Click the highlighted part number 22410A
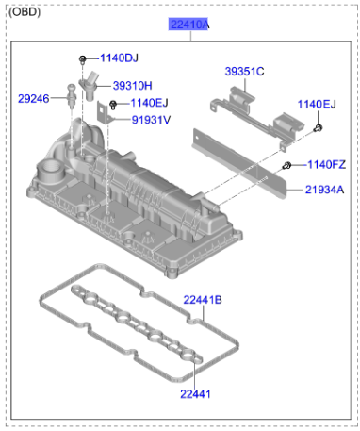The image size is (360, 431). coord(188,25)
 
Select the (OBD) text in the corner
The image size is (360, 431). coord(25,12)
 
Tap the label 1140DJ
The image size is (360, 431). coord(119,58)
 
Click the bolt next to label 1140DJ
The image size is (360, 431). coord(82,58)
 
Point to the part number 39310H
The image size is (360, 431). coord(133,86)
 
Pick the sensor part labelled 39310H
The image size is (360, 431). coord(89,86)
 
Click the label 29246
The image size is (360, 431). coord(34,99)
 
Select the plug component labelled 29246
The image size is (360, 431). coord(72,96)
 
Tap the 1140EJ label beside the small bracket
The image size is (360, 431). coord(149,103)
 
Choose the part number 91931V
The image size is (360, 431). coord(151,120)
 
